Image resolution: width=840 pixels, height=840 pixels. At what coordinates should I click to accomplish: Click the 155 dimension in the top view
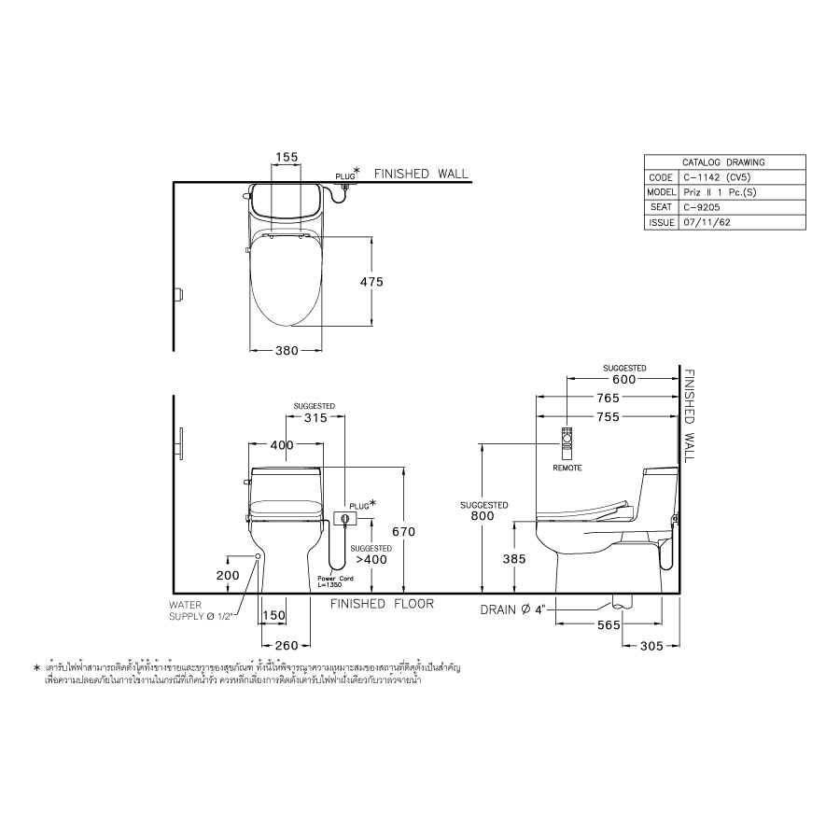pyautogui.click(x=287, y=158)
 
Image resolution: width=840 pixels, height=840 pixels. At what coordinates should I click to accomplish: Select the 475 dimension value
pyautogui.click(x=371, y=281)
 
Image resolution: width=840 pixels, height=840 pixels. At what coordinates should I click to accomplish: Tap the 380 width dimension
pyautogui.click(x=287, y=351)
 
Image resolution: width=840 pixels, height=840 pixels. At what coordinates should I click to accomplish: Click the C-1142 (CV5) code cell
pyautogui.click(x=714, y=177)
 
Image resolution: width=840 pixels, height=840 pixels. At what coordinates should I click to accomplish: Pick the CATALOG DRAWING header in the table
pyautogui.click(x=711, y=161)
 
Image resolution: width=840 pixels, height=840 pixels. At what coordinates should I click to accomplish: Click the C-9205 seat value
pyautogui.click(x=700, y=207)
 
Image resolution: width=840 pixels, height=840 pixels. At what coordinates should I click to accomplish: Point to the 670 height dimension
pyautogui.click(x=403, y=531)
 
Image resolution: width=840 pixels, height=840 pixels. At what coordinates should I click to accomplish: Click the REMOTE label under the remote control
pyautogui.click(x=567, y=467)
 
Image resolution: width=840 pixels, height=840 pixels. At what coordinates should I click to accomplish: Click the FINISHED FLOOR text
pyautogui.click(x=383, y=604)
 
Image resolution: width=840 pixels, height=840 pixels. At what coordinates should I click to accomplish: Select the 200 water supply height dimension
pyautogui.click(x=228, y=575)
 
